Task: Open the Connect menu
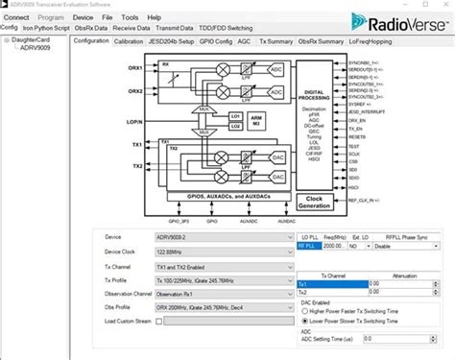pyautogui.click(x=16, y=17)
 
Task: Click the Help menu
pyautogui.click(x=155, y=17)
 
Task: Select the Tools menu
pyautogui.click(x=130, y=17)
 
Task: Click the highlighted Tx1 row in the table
pyautogui.click(x=331, y=284)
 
